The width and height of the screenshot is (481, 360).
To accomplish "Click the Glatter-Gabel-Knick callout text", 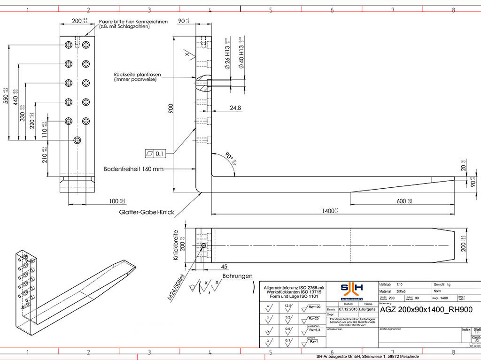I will coord(147,213).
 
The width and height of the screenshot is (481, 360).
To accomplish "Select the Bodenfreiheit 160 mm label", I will coord(133,169).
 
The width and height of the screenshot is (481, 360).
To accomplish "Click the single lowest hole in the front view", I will coord(78,140).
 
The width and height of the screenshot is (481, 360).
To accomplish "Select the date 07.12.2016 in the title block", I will coord(348,309).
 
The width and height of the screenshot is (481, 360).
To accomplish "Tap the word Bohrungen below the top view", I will coord(238,276).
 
